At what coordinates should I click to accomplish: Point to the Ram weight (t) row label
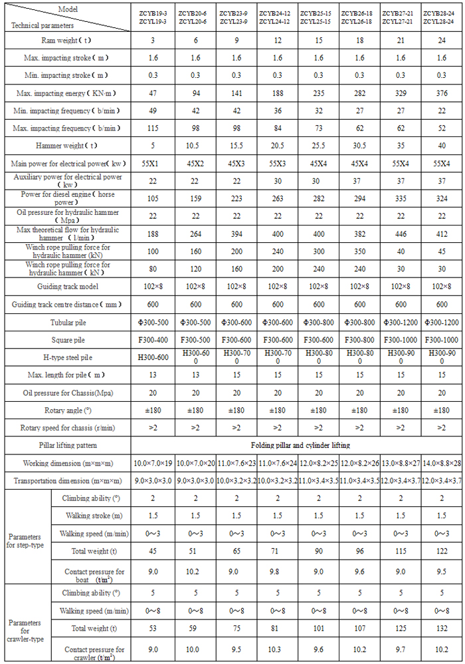[x=66, y=41]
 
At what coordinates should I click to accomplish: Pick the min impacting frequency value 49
[x=152, y=110]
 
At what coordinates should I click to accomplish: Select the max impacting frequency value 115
[x=152, y=128]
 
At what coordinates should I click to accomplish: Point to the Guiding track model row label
[x=66, y=287]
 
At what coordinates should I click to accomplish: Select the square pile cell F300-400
[x=152, y=339]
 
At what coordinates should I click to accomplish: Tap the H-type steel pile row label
[x=66, y=356]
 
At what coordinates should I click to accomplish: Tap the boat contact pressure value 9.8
[x=277, y=572]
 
